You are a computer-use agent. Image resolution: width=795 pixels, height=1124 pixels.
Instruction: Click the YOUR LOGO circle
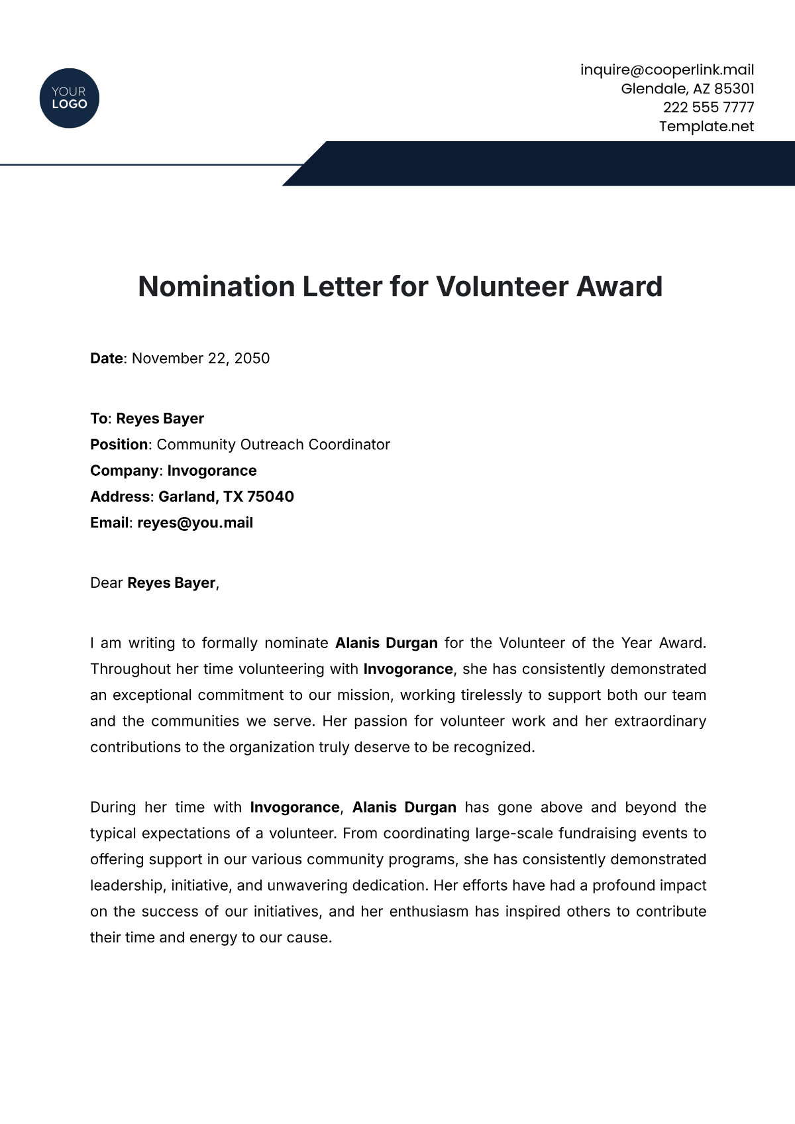point(69,98)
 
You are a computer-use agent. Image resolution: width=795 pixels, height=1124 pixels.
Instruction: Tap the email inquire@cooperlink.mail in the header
point(667,70)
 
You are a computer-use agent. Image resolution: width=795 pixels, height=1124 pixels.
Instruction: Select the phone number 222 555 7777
point(708,107)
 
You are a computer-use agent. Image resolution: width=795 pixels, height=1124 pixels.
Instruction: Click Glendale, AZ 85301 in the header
point(687,89)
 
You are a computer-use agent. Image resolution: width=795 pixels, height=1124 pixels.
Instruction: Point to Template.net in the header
point(706,126)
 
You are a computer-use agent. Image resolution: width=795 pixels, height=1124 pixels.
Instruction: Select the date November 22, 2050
point(201,359)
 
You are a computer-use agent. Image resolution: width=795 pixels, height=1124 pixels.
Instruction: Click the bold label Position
point(119,445)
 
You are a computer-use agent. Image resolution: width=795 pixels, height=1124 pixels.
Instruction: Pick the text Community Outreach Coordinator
point(273,445)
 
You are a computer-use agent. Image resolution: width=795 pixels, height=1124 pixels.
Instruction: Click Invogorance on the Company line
point(211,471)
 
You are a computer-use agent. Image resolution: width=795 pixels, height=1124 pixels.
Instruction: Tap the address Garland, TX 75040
point(226,496)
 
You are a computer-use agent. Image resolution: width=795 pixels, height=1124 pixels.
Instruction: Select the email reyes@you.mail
point(195,523)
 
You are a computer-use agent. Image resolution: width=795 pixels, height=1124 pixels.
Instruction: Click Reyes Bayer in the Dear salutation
point(172,583)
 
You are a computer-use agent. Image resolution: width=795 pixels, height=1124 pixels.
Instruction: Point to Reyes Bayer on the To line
point(160,419)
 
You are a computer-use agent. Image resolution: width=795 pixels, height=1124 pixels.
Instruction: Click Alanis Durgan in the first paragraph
point(386,643)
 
